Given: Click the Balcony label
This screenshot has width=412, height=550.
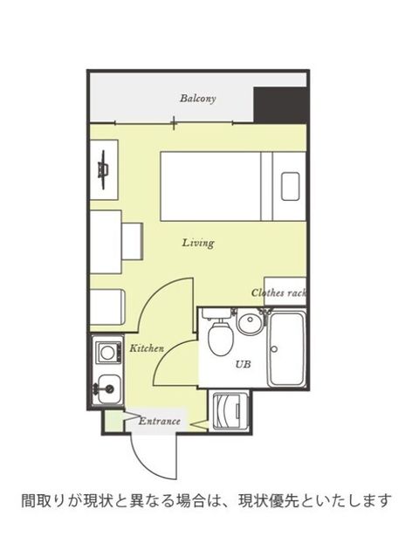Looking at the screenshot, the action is (x=198, y=99).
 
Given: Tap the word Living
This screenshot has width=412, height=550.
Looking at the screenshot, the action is (x=198, y=243).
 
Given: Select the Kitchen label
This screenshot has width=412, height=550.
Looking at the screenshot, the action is (x=147, y=348).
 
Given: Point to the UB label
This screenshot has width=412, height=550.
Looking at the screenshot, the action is (x=243, y=364).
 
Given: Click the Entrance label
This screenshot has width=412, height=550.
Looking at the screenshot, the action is (x=160, y=421).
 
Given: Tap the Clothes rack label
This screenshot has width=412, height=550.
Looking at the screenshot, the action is (x=278, y=292).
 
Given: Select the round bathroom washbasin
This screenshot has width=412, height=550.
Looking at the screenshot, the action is (x=250, y=322).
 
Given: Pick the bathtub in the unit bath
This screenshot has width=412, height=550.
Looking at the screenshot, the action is (x=287, y=349).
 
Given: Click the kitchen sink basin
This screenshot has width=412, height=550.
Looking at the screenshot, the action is (x=109, y=388).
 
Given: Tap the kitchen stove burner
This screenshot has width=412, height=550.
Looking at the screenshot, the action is (x=107, y=351).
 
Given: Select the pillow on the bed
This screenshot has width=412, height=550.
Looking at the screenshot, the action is (x=291, y=187).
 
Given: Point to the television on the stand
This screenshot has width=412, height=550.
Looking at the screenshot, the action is (x=104, y=169).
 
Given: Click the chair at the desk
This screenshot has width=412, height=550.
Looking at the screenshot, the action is (x=133, y=241).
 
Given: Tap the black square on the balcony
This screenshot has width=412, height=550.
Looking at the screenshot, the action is (x=280, y=105).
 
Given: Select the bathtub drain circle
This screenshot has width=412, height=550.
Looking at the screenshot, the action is (x=275, y=349).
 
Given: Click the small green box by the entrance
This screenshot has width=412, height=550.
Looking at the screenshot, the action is (x=113, y=421).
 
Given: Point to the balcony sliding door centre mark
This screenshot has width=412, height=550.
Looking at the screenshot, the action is (x=174, y=123).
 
